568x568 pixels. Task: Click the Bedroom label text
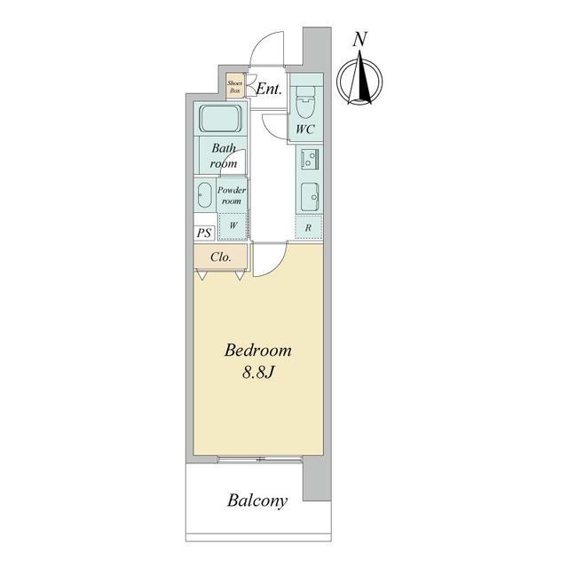point(257,351)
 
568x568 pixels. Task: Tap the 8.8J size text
point(257,372)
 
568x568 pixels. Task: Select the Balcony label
point(257,501)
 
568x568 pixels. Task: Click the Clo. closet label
point(221,257)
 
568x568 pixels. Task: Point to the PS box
point(205,233)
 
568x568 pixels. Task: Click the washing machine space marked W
point(233,225)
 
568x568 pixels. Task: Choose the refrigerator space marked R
point(308,227)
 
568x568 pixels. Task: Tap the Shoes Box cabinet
point(234,86)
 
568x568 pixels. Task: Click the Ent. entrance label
point(269,89)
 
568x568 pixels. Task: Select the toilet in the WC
point(304,102)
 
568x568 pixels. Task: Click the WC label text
point(305,130)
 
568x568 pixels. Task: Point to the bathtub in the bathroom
point(221,119)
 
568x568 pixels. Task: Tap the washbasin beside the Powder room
point(204,195)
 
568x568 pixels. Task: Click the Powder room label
point(232,195)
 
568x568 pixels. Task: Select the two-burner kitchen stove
point(310,159)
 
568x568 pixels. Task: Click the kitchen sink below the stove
point(310,197)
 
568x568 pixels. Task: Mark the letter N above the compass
point(360,39)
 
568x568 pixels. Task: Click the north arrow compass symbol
point(359,80)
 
